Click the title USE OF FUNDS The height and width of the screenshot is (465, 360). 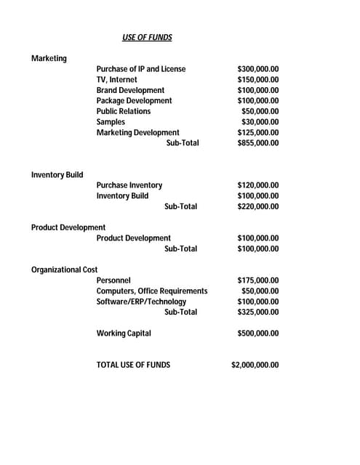[147, 37]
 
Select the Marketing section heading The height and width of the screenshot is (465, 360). [49, 58]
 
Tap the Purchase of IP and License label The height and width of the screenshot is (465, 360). [140, 69]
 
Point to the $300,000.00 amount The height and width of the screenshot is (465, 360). [258, 69]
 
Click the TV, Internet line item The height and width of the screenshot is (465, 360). [116, 79]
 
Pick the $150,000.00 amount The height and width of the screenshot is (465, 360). [258, 79]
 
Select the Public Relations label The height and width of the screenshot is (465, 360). [124, 111]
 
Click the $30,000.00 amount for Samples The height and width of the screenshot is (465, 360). [260, 122]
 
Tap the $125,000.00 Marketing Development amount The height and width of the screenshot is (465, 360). [258, 132]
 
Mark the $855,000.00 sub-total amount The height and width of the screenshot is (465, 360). [258, 143]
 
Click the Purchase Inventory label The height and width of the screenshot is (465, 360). [129, 185]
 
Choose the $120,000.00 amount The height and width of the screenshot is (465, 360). [258, 185]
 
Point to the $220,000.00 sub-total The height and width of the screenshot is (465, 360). [258, 206]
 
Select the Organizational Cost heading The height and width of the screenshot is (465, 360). [64, 270]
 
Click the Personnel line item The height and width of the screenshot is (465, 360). [113, 280]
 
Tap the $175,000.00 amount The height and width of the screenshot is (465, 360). [258, 280]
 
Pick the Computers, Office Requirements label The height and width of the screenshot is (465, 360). [151, 291]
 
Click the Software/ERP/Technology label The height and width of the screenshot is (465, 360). [141, 302]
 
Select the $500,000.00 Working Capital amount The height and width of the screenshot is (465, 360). [258, 333]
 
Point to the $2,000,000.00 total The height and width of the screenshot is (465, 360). [255, 365]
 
